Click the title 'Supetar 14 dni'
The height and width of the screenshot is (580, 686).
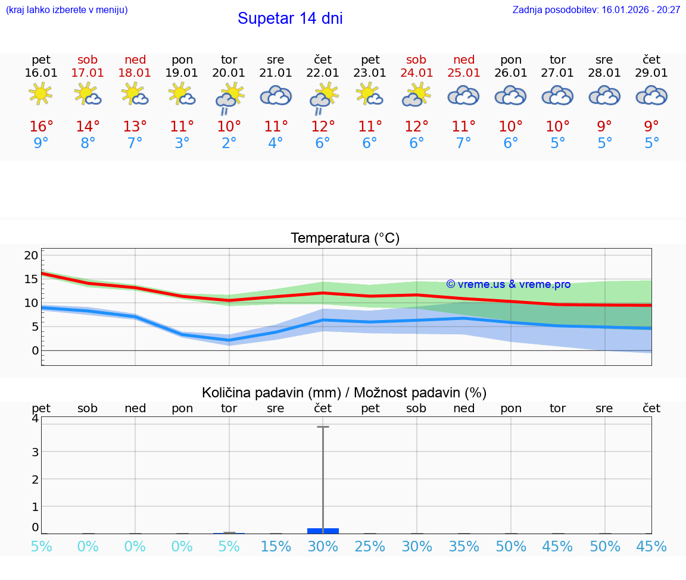290,18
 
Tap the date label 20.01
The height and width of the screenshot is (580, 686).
229,73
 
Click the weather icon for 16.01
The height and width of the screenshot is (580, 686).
40,95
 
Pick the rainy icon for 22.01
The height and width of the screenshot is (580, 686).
323,97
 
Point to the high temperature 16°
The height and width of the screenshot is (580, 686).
41,127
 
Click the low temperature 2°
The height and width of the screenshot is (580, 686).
229,143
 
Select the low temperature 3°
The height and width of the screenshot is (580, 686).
182,143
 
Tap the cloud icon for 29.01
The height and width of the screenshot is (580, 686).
651,96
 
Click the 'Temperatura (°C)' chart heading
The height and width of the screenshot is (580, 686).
345,239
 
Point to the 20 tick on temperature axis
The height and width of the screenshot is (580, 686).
31,256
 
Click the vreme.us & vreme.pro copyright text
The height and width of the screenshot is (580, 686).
508,284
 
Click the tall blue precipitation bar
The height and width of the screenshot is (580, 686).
323,530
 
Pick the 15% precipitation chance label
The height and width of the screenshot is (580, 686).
276,547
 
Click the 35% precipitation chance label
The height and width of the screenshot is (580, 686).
464,547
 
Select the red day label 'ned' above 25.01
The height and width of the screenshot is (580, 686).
464,60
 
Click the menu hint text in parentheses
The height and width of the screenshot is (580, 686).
67,10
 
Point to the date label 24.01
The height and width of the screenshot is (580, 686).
416,73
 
